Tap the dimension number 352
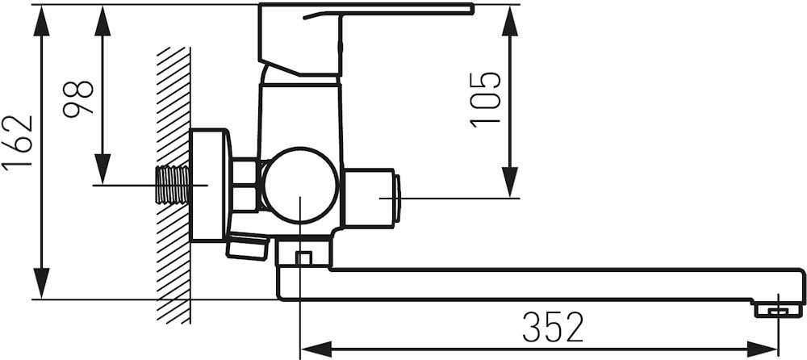[553, 328]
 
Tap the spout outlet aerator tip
[778, 310]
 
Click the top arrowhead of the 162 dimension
[41, 21]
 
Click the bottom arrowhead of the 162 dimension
[41, 283]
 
